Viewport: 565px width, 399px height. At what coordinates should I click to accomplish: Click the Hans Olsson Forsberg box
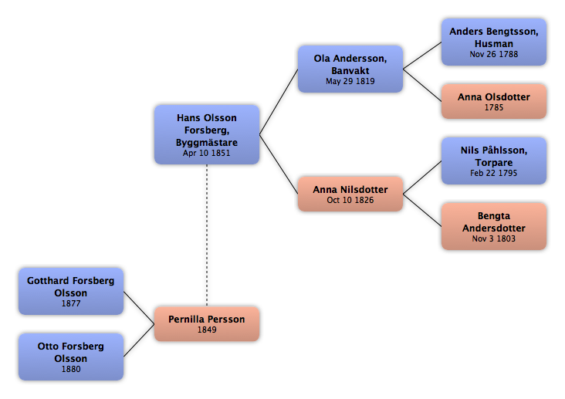click(x=207, y=135)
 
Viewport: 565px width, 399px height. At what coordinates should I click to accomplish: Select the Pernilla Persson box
click(x=207, y=324)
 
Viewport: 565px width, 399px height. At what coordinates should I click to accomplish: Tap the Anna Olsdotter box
click(x=494, y=102)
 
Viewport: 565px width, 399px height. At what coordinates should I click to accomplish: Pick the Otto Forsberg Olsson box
click(x=71, y=357)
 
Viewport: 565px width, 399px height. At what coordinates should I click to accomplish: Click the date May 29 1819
click(x=350, y=82)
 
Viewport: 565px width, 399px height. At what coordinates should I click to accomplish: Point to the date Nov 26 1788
click(x=494, y=55)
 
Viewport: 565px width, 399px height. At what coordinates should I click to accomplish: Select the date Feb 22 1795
click(x=494, y=174)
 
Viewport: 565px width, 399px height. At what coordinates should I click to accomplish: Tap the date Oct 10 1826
click(x=350, y=201)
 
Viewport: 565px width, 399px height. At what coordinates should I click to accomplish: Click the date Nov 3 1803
click(x=494, y=239)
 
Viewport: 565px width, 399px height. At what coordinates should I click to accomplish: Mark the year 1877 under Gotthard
click(x=71, y=304)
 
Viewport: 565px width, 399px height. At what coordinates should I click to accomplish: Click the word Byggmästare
click(x=207, y=143)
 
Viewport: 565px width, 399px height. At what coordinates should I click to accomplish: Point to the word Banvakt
click(x=350, y=71)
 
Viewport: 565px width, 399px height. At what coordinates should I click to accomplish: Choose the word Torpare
click(x=494, y=163)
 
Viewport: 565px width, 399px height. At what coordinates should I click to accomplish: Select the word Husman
click(x=494, y=44)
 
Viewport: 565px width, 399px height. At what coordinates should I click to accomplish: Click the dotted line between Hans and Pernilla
click(x=207, y=235)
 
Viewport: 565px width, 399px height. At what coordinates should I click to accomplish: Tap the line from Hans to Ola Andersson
click(x=279, y=102)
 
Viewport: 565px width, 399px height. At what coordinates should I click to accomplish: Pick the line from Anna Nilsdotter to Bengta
click(x=422, y=210)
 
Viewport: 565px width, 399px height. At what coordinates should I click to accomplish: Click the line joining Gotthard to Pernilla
click(x=139, y=308)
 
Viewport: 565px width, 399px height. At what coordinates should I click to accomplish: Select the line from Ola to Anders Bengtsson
click(x=422, y=56)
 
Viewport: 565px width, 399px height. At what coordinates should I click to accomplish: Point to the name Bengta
click(x=494, y=216)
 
